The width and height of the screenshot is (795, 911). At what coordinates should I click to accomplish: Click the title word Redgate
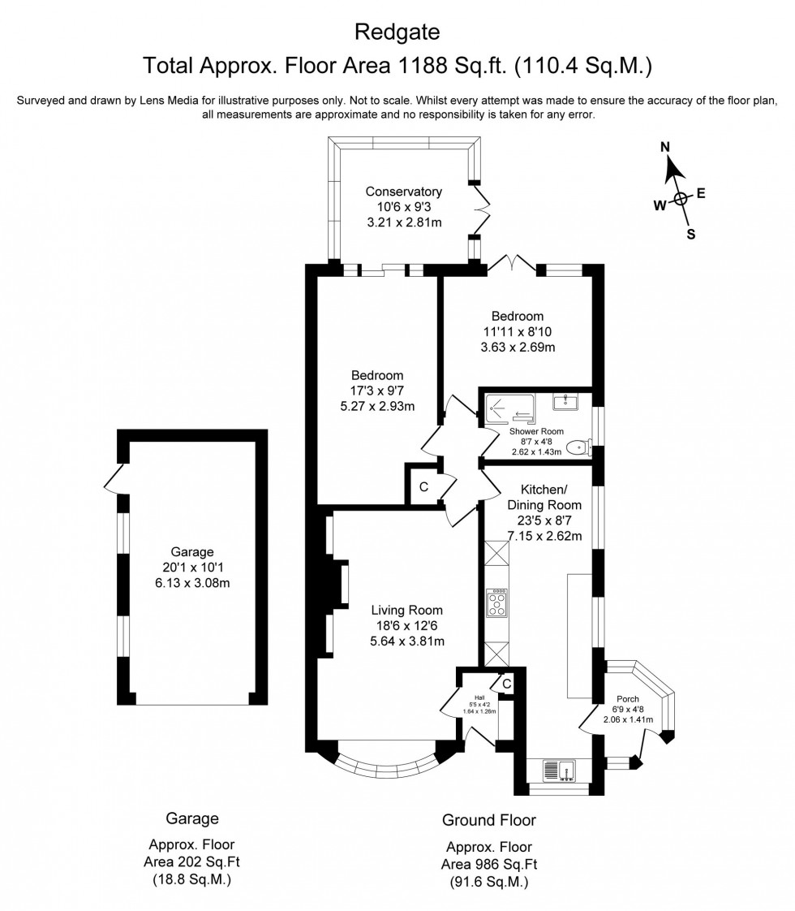coord(397,32)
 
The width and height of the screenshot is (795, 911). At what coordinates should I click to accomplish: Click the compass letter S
coord(691,235)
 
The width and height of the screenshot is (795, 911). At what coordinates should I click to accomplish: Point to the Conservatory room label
coord(403,192)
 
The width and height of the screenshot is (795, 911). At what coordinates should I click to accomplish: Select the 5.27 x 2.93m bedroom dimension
coord(377,406)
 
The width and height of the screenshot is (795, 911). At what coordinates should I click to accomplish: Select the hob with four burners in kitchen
coord(496,604)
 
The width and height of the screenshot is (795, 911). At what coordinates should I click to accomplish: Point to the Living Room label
coord(407,611)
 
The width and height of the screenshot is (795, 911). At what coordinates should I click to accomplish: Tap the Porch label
coord(628,699)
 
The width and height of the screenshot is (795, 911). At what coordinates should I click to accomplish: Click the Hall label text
coord(479,696)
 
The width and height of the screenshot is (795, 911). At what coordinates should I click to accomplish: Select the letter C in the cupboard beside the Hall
coord(506,684)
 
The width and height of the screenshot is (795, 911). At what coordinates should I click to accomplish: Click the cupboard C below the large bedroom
coord(423,487)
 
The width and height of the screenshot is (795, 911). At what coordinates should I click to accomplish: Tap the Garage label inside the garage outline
coord(192,551)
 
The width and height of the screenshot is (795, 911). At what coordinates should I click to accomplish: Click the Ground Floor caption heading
coord(488,819)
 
